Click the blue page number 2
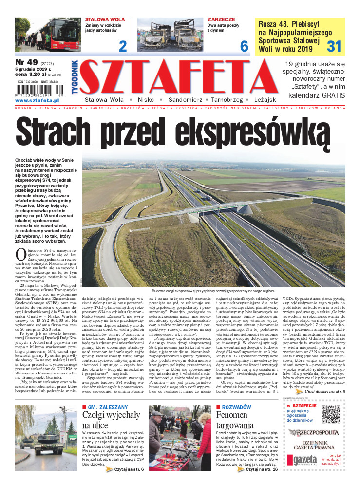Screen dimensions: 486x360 (123, 46)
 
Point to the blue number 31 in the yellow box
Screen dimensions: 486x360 (334, 46)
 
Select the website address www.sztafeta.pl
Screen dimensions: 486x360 (38, 101)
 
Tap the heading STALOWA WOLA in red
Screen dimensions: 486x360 (105, 20)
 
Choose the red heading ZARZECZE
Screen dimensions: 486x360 (222, 20)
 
